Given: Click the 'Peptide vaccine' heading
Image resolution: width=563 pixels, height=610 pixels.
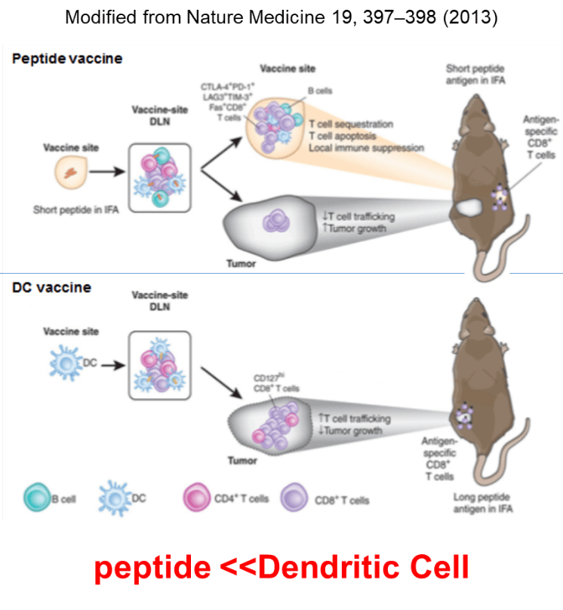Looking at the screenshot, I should (x=67, y=58).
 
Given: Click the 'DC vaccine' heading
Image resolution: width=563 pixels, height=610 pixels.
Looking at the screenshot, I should (x=51, y=287).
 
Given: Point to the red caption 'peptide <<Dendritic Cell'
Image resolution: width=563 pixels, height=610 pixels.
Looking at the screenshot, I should (x=281, y=567).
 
